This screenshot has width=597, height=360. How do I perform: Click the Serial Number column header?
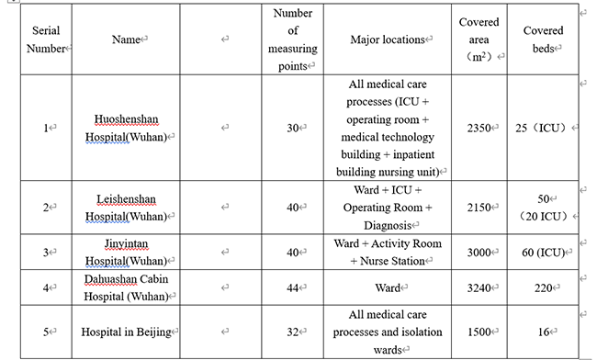[45, 40]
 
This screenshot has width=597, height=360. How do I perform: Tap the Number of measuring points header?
[294, 39]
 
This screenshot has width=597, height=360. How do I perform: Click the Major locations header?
[389, 40]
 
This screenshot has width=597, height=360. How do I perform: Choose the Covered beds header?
[543, 40]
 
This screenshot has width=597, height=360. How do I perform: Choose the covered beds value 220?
[543, 288]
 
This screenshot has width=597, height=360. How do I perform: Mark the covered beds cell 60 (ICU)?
[543, 253]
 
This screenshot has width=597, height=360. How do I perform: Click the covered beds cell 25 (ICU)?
[543, 129]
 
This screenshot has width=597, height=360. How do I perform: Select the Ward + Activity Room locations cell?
[389, 252]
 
